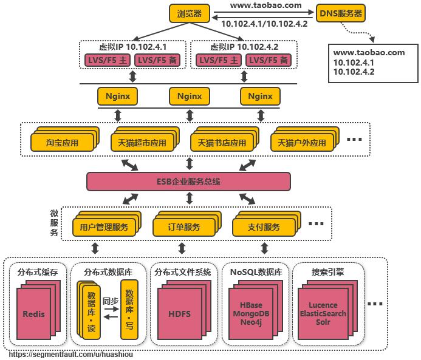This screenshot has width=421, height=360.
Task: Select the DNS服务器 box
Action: (x=341, y=13)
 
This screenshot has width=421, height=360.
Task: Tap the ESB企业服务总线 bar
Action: (x=188, y=182)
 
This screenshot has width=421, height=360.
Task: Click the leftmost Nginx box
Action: (x=118, y=96)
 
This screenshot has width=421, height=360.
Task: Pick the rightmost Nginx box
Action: (x=260, y=96)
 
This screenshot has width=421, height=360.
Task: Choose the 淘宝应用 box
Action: (x=62, y=143)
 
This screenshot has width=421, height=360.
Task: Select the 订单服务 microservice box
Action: (x=183, y=228)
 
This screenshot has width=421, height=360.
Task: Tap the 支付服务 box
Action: (x=264, y=228)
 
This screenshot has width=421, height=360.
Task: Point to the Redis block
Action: (x=33, y=314)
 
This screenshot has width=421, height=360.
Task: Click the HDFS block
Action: (x=179, y=314)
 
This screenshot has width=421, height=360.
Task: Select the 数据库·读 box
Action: (x=91, y=308)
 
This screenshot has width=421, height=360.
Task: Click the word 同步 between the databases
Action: (x=110, y=301)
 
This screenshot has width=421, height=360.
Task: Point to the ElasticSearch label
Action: (x=323, y=314)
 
